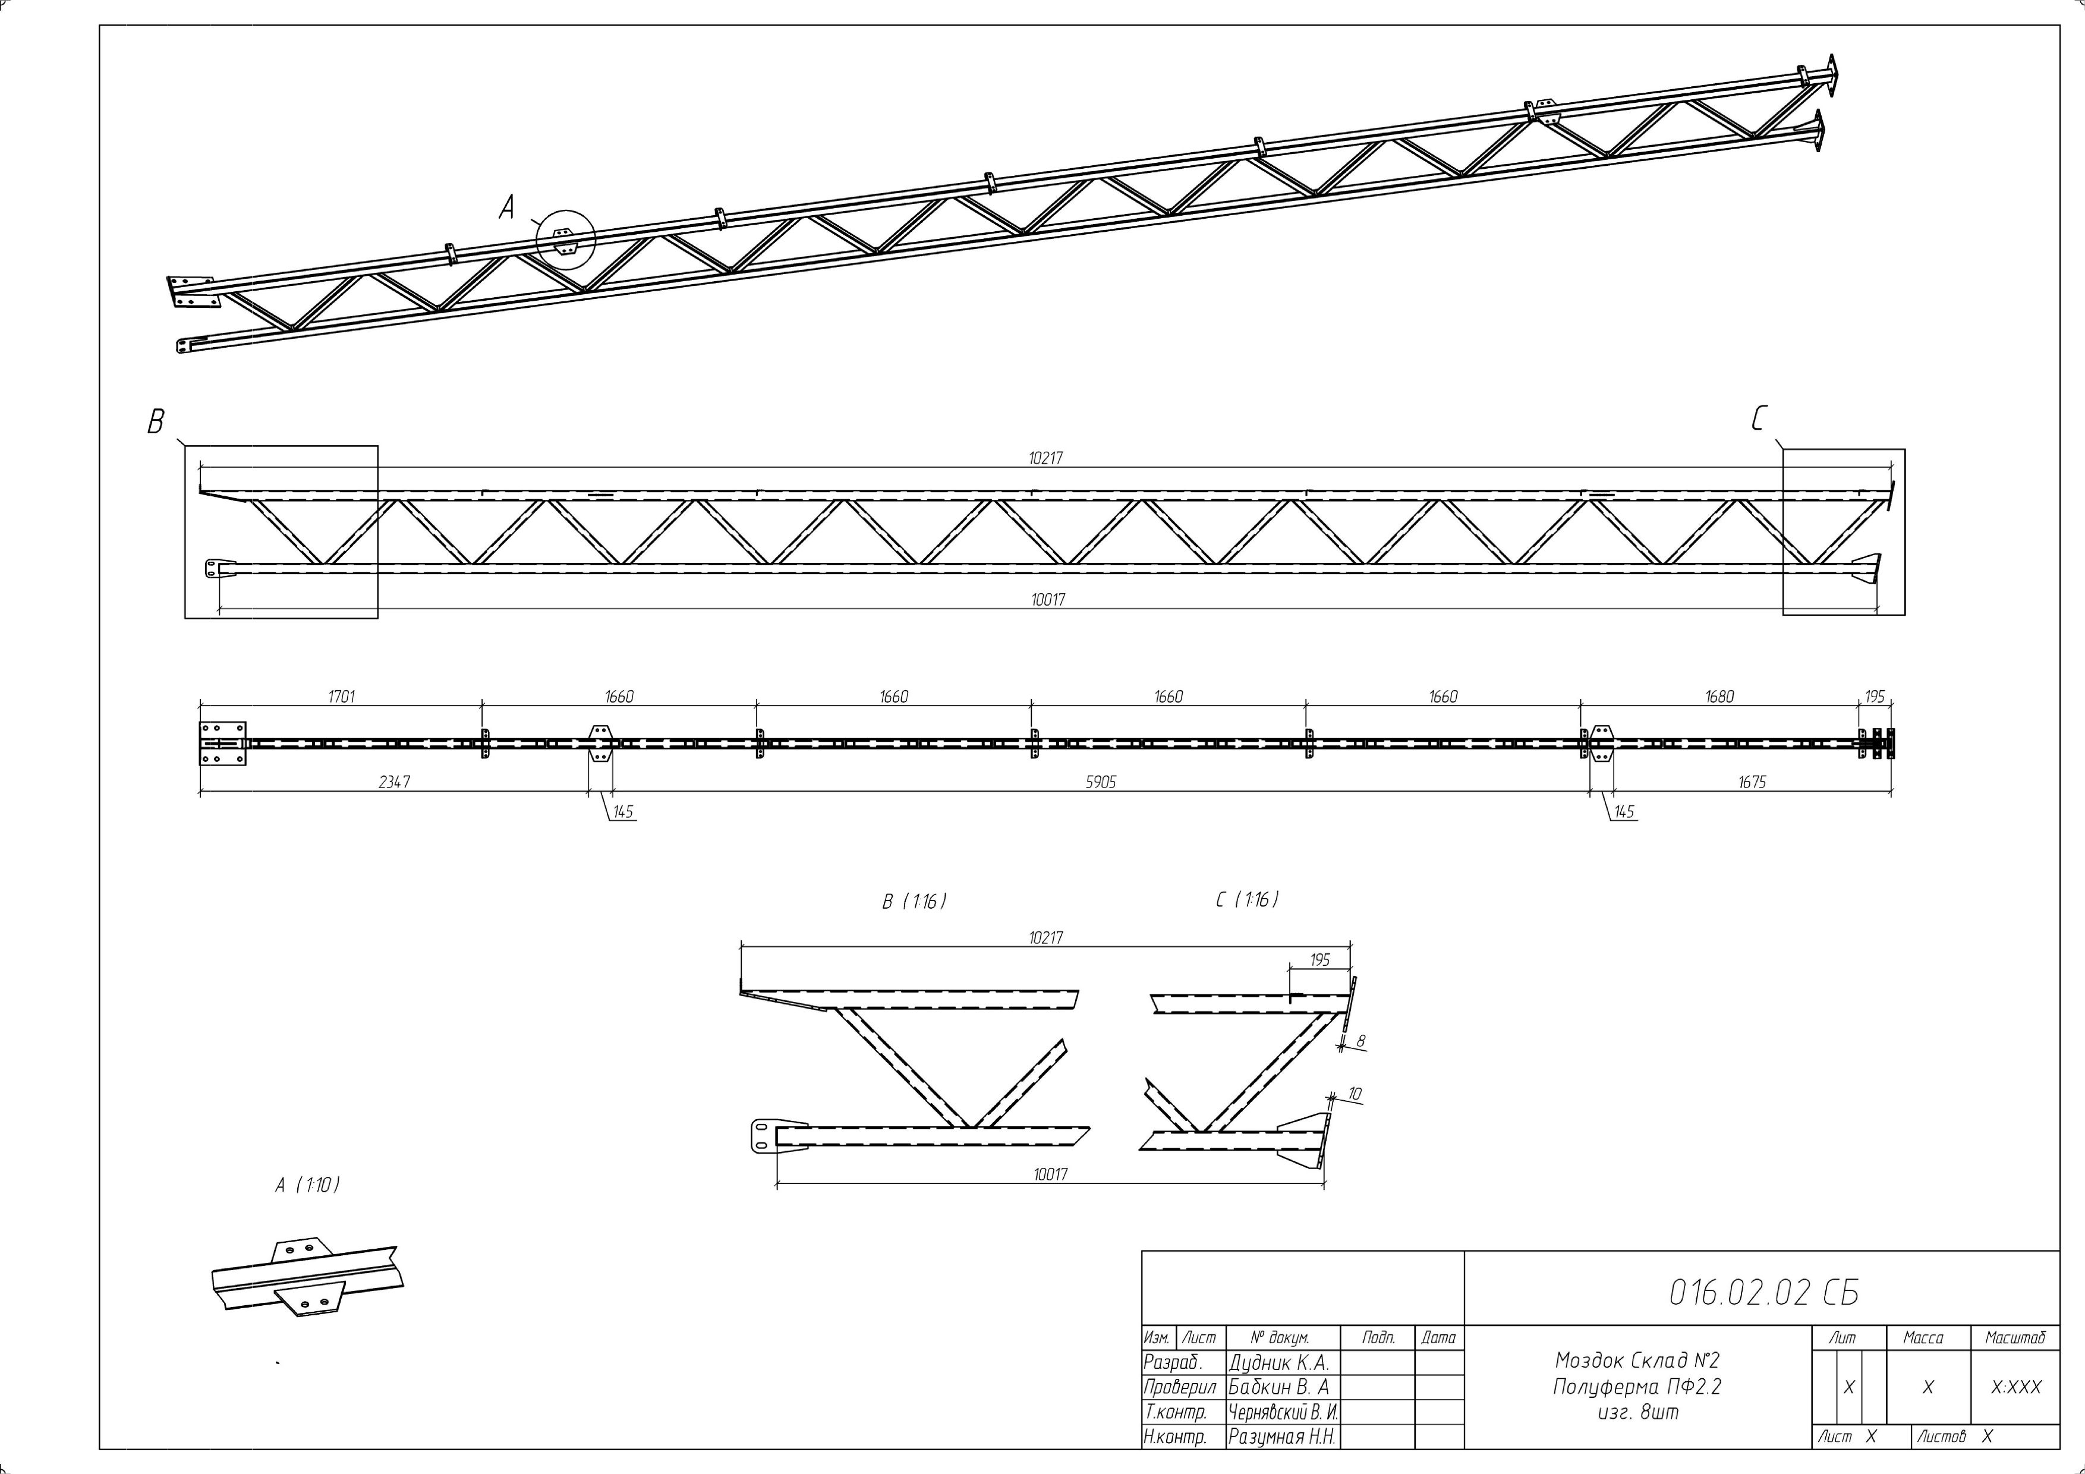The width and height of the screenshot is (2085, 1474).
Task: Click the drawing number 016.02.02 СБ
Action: coord(1763,1292)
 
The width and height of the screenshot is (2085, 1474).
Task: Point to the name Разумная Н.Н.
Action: coord(1281,1437)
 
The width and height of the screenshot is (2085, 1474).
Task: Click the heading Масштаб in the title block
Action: coord(2015,1338)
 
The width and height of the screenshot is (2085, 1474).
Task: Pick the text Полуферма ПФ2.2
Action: coord(1637,1387)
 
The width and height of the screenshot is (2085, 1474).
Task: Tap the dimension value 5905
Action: coord(1101,782)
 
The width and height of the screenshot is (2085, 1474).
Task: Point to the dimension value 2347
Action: coord(394,782)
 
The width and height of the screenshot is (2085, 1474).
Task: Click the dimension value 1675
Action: coord(1752,782)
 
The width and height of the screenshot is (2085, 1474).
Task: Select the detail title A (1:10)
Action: coord(308,1185)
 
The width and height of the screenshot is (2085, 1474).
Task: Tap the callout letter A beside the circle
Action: coord(507,209)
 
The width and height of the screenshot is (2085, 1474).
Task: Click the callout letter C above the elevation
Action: coord(1758,418)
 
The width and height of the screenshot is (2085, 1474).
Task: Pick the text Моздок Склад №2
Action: coord(1637,1360)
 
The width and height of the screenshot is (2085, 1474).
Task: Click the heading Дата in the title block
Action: coord(1438,1338)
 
